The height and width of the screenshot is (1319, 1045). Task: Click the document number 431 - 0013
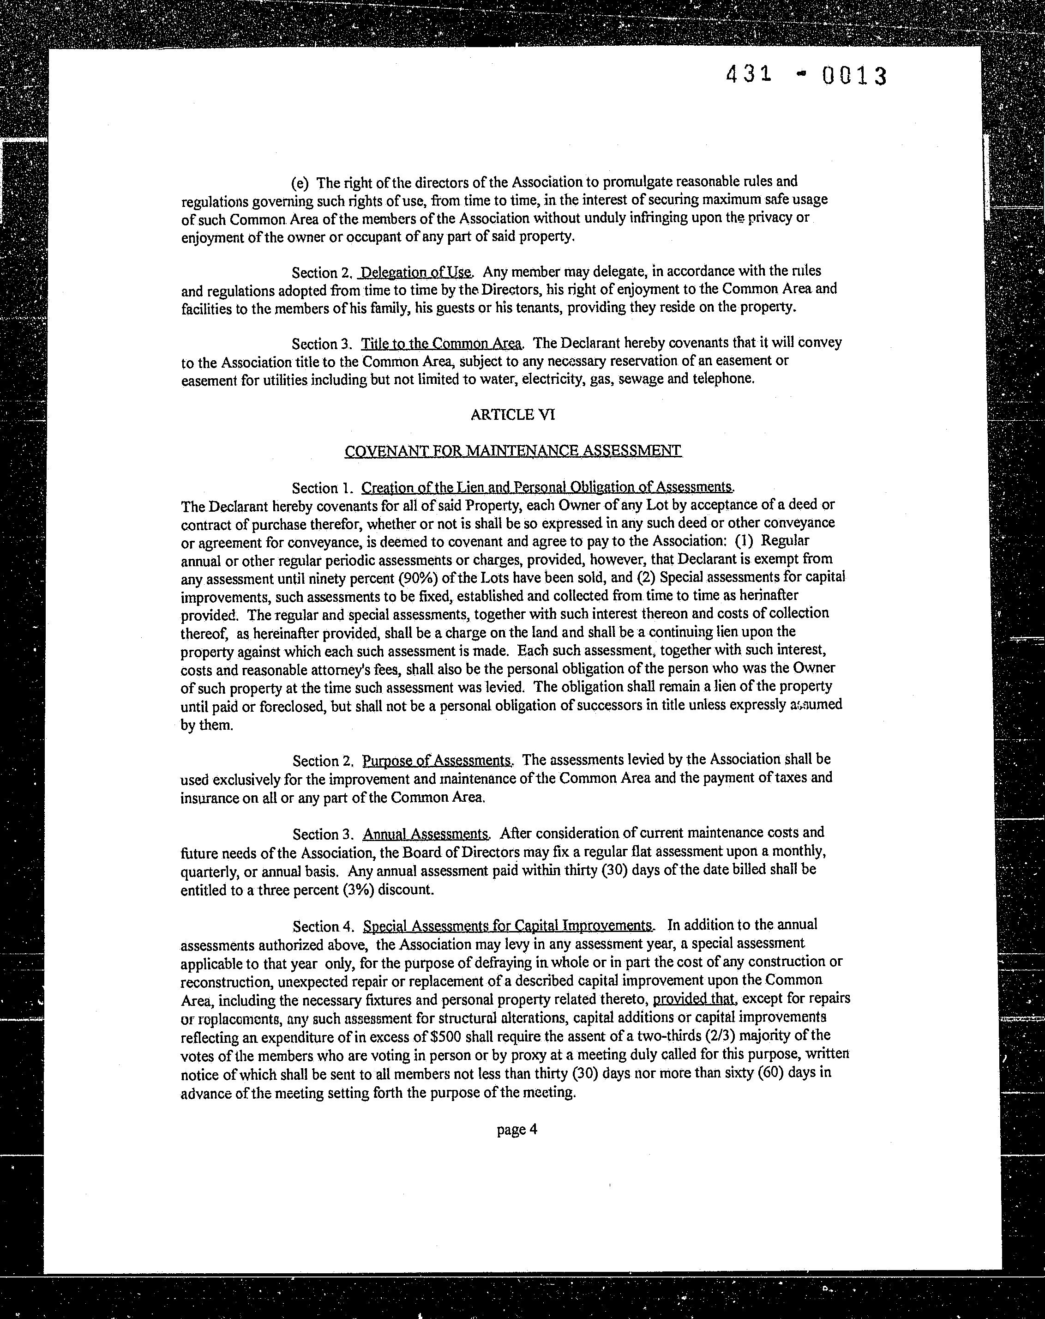click(806, 76)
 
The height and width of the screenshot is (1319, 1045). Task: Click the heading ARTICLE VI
click(512, 415)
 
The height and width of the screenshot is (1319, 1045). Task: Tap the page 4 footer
click(516, 1129)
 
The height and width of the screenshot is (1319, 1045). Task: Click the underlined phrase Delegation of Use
click(416, 272)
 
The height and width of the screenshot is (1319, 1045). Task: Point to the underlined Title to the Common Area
click(441, 343)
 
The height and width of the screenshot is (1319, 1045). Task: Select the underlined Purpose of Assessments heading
click(437, 761)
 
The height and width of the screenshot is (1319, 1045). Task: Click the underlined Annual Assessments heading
click(426, 834)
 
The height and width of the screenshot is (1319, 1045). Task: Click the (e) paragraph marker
click(300, 183)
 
